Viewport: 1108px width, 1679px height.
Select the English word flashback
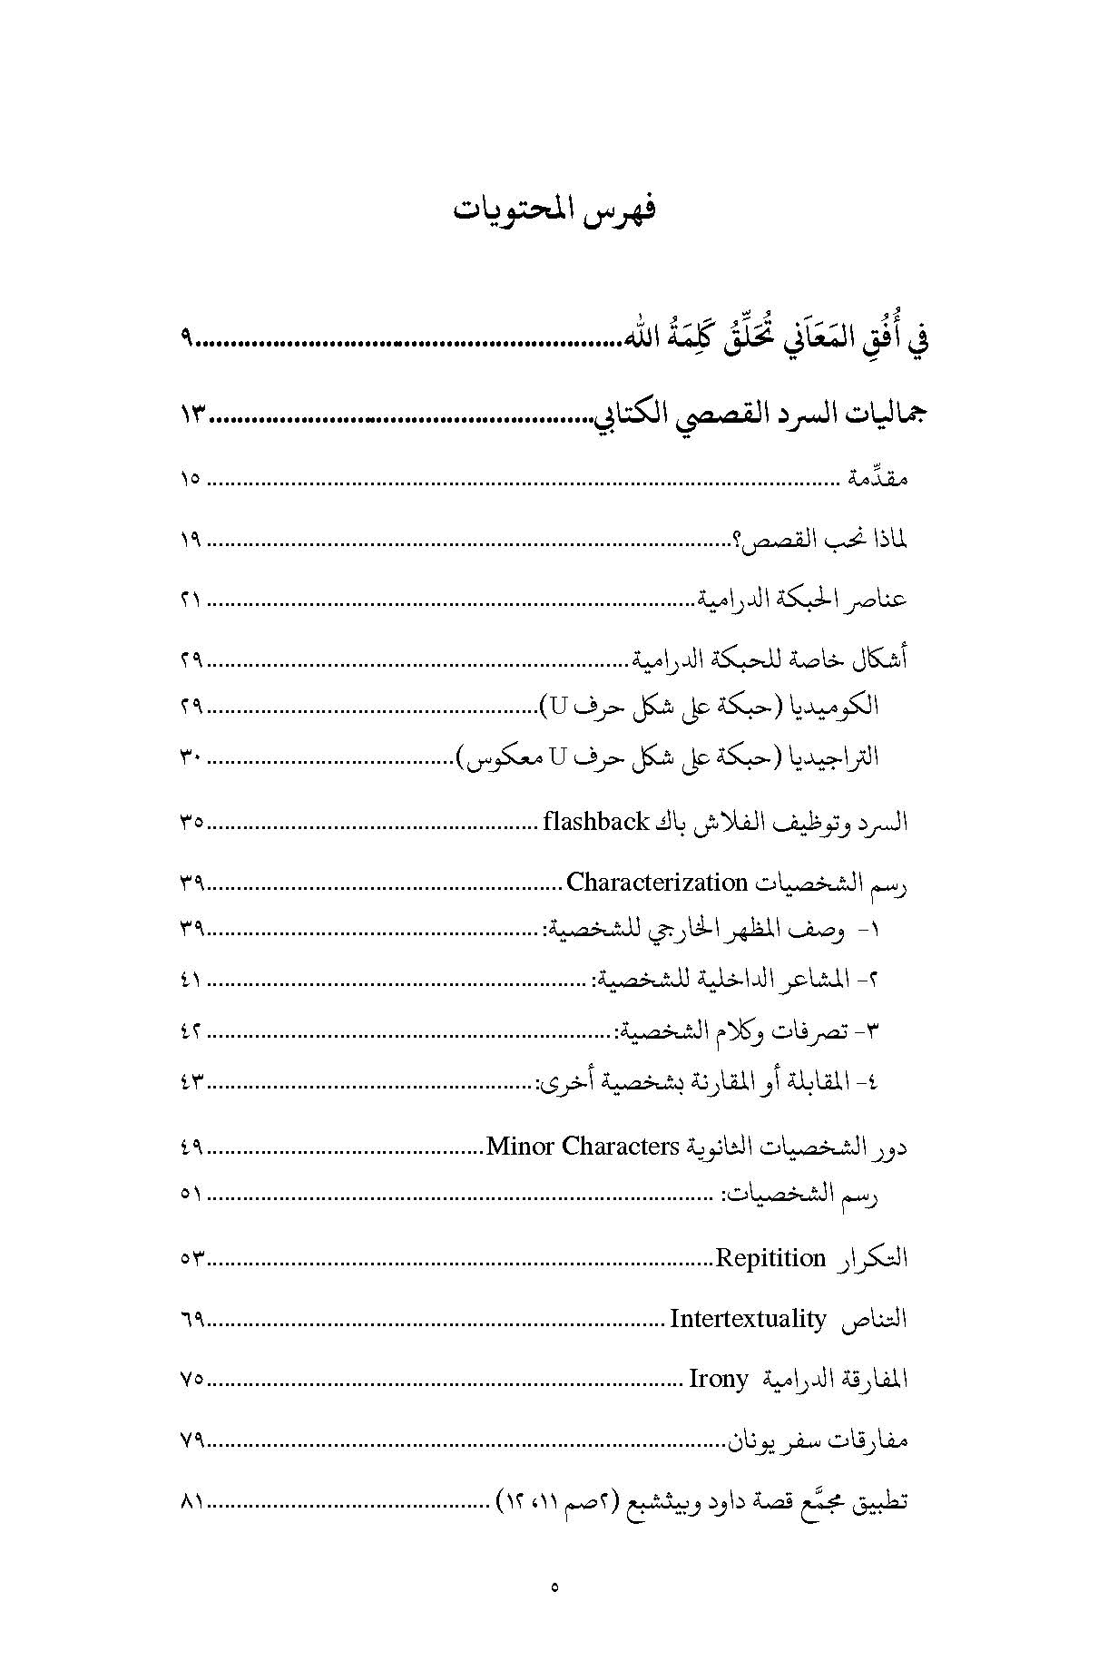595,822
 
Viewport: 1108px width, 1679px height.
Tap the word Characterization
656,882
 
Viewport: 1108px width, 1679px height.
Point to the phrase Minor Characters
583,1146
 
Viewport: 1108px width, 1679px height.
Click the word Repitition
770,1258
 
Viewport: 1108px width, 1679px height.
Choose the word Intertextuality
748,1318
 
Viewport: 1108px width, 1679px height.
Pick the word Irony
719,1380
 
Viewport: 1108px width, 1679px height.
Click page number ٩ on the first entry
187,341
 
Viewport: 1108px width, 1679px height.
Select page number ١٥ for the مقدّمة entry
191,479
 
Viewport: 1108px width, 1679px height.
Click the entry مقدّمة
877,479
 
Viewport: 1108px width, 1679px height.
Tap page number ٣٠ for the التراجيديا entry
191,757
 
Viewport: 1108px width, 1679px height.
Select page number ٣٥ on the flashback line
191,823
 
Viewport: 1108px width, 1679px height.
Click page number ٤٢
191,1030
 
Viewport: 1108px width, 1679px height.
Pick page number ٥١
191,1194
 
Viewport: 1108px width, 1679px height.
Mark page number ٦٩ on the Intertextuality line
191,1319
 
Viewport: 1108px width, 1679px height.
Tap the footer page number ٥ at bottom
554,1587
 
